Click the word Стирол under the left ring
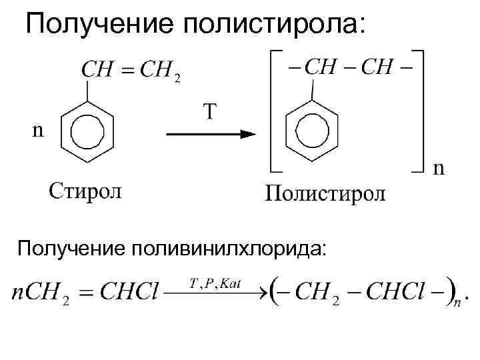pos(84,191)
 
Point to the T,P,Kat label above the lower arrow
pos(215,283)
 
